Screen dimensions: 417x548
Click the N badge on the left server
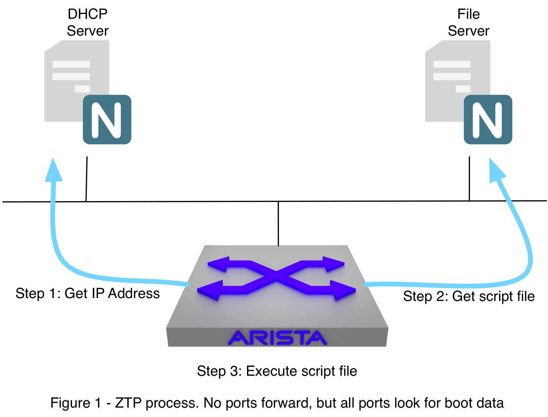point(107,120)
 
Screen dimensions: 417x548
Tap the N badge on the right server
point(488,120)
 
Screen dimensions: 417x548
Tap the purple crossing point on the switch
point(276,274)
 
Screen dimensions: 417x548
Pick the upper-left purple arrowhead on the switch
point(218,264)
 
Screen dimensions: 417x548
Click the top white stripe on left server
point(71,64)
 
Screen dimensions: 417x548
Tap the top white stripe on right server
point(452,64)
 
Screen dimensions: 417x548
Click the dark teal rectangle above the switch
point(167,224)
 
